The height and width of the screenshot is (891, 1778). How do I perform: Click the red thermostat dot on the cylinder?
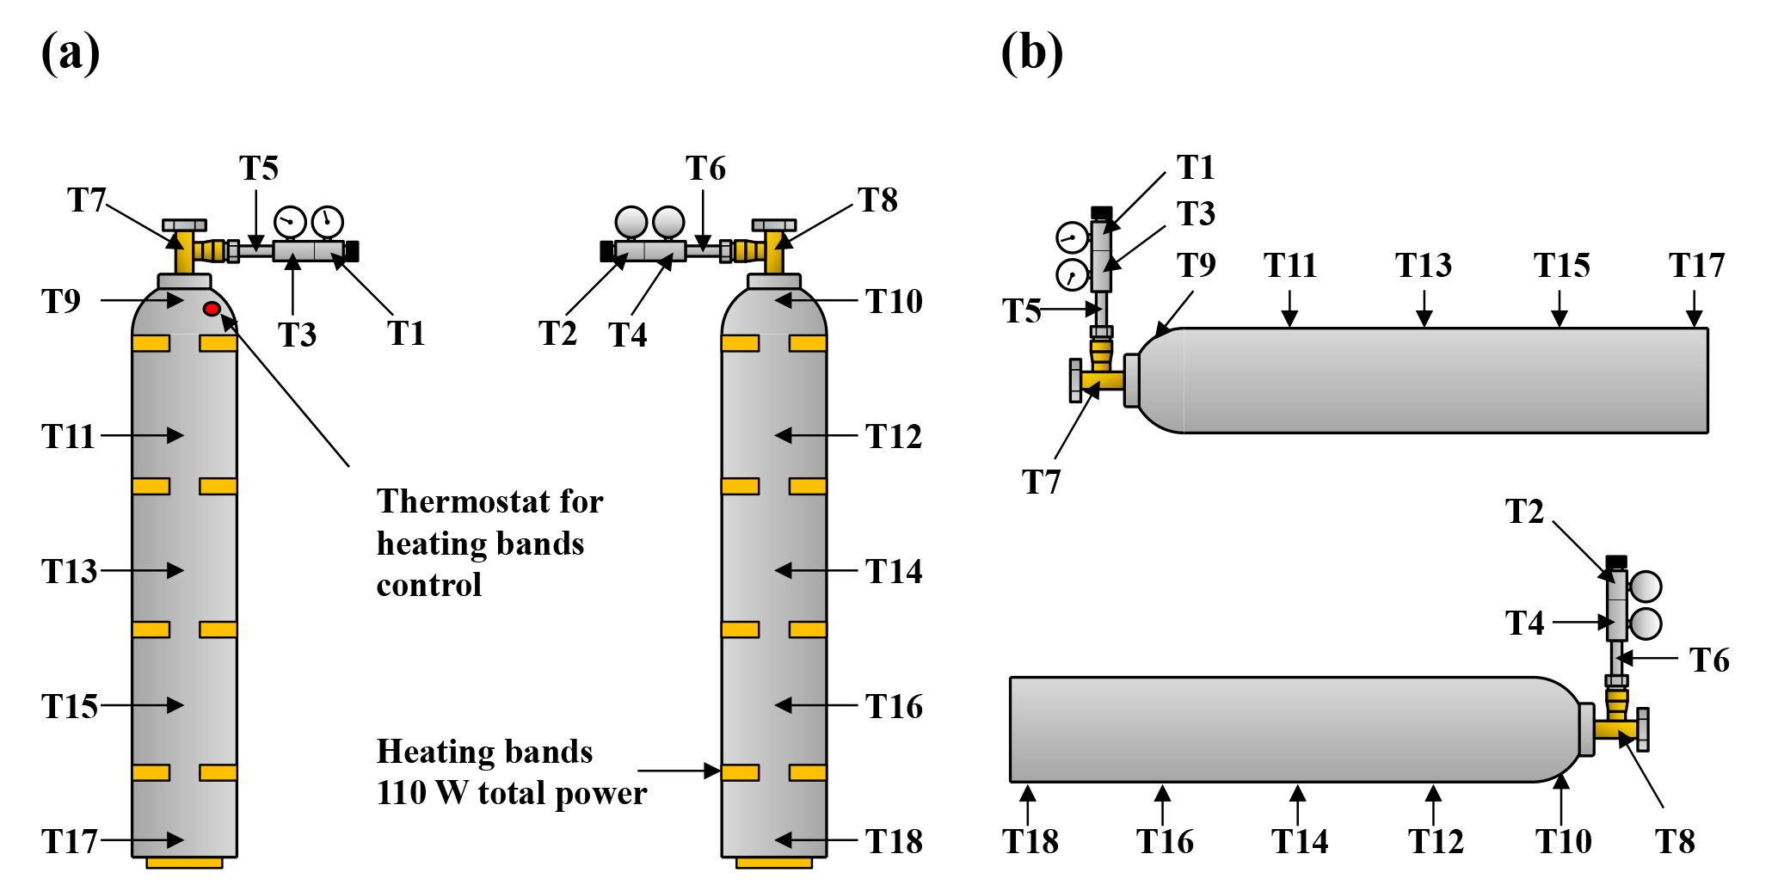tap(212, 309)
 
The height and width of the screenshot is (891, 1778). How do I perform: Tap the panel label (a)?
tap(71, 53)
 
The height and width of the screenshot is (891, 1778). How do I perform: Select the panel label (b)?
tap(1031, 53)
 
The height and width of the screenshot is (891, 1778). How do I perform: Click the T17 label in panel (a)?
tap(69, 841)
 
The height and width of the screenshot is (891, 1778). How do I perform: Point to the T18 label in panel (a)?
tap(894, 841)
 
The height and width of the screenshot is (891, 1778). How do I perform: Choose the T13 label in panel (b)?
tap(1423, 265)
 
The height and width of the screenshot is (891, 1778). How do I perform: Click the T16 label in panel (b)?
tap(1165, 841)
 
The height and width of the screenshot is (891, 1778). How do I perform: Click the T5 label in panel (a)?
tap(258, 169)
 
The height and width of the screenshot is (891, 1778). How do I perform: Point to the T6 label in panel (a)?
tap(705, 169)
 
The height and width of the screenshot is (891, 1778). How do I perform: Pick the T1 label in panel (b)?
tap(1196, 168)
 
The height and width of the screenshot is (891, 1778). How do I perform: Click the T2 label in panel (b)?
tap(1525, 512)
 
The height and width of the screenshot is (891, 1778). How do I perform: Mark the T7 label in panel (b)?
tap(1041, 482)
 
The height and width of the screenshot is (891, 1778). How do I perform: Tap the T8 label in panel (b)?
tap(1675, 841)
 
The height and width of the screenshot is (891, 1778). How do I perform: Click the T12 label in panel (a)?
tap(894, 437)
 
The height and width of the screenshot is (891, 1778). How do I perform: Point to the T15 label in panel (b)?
tap(1561, 265)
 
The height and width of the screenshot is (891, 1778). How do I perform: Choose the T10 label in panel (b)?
tap(1563, 841)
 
